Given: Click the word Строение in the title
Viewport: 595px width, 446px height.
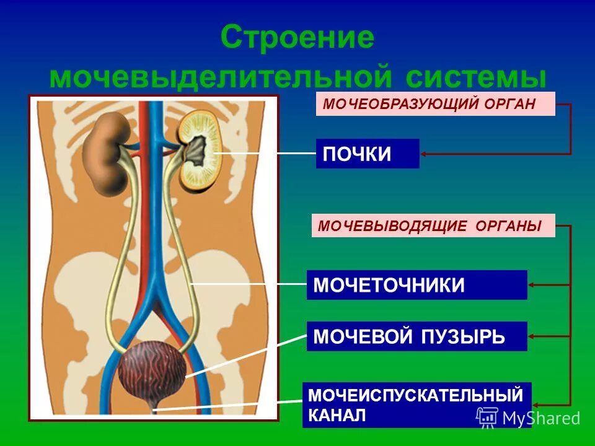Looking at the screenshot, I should pyautogui.click(x=298, y=38).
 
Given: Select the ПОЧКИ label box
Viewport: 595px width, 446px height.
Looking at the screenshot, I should pyautogui.click(x=368, y=154).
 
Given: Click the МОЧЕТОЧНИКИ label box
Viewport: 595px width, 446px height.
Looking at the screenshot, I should pyautogui.click(x=416, y=285).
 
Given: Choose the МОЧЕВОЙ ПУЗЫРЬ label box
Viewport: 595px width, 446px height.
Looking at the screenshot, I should pyautogui.click(x=416, y=336).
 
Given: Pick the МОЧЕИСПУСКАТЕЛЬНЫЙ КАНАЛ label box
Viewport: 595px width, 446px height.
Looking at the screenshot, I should pyautogui.click(x=416, y=404).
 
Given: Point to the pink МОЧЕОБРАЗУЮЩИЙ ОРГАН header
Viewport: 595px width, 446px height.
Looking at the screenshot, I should pyautogui.click(x=436, y=104).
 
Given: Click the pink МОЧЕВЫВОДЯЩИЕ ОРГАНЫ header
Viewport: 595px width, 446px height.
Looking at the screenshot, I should pyautogui.click(x=433, y=225).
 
